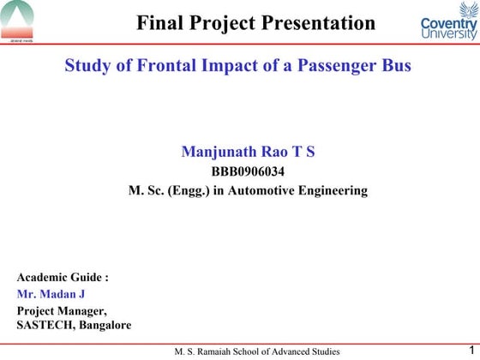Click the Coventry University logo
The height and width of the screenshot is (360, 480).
pos(449,23)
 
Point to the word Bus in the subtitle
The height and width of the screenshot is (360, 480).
pos(397,66)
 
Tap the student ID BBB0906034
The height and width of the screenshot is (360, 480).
pos(248,172)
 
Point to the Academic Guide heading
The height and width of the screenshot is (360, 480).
pos(63,278)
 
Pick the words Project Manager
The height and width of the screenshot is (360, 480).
pos(62,310)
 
